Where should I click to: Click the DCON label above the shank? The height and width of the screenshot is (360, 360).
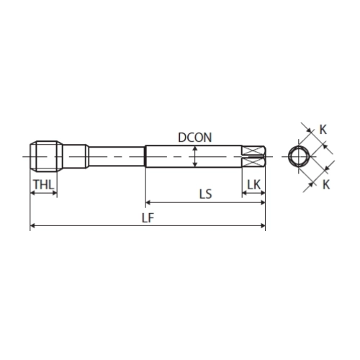(x=195, y=138)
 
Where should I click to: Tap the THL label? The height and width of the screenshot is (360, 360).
(x=44, y=184)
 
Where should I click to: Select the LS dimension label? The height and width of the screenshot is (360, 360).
(x=206, y=194)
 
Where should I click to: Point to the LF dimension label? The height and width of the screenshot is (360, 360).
(x=148, y=218)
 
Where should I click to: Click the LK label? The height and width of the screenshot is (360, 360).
(x=254, y=184)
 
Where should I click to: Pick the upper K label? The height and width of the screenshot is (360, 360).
(x=323, y=130)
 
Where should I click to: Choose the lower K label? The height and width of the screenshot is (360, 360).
(x=326, y=185)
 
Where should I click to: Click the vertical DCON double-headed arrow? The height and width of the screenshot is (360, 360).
(x=195, y=156)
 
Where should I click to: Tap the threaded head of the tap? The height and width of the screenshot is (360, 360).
(x=46, y=156)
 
